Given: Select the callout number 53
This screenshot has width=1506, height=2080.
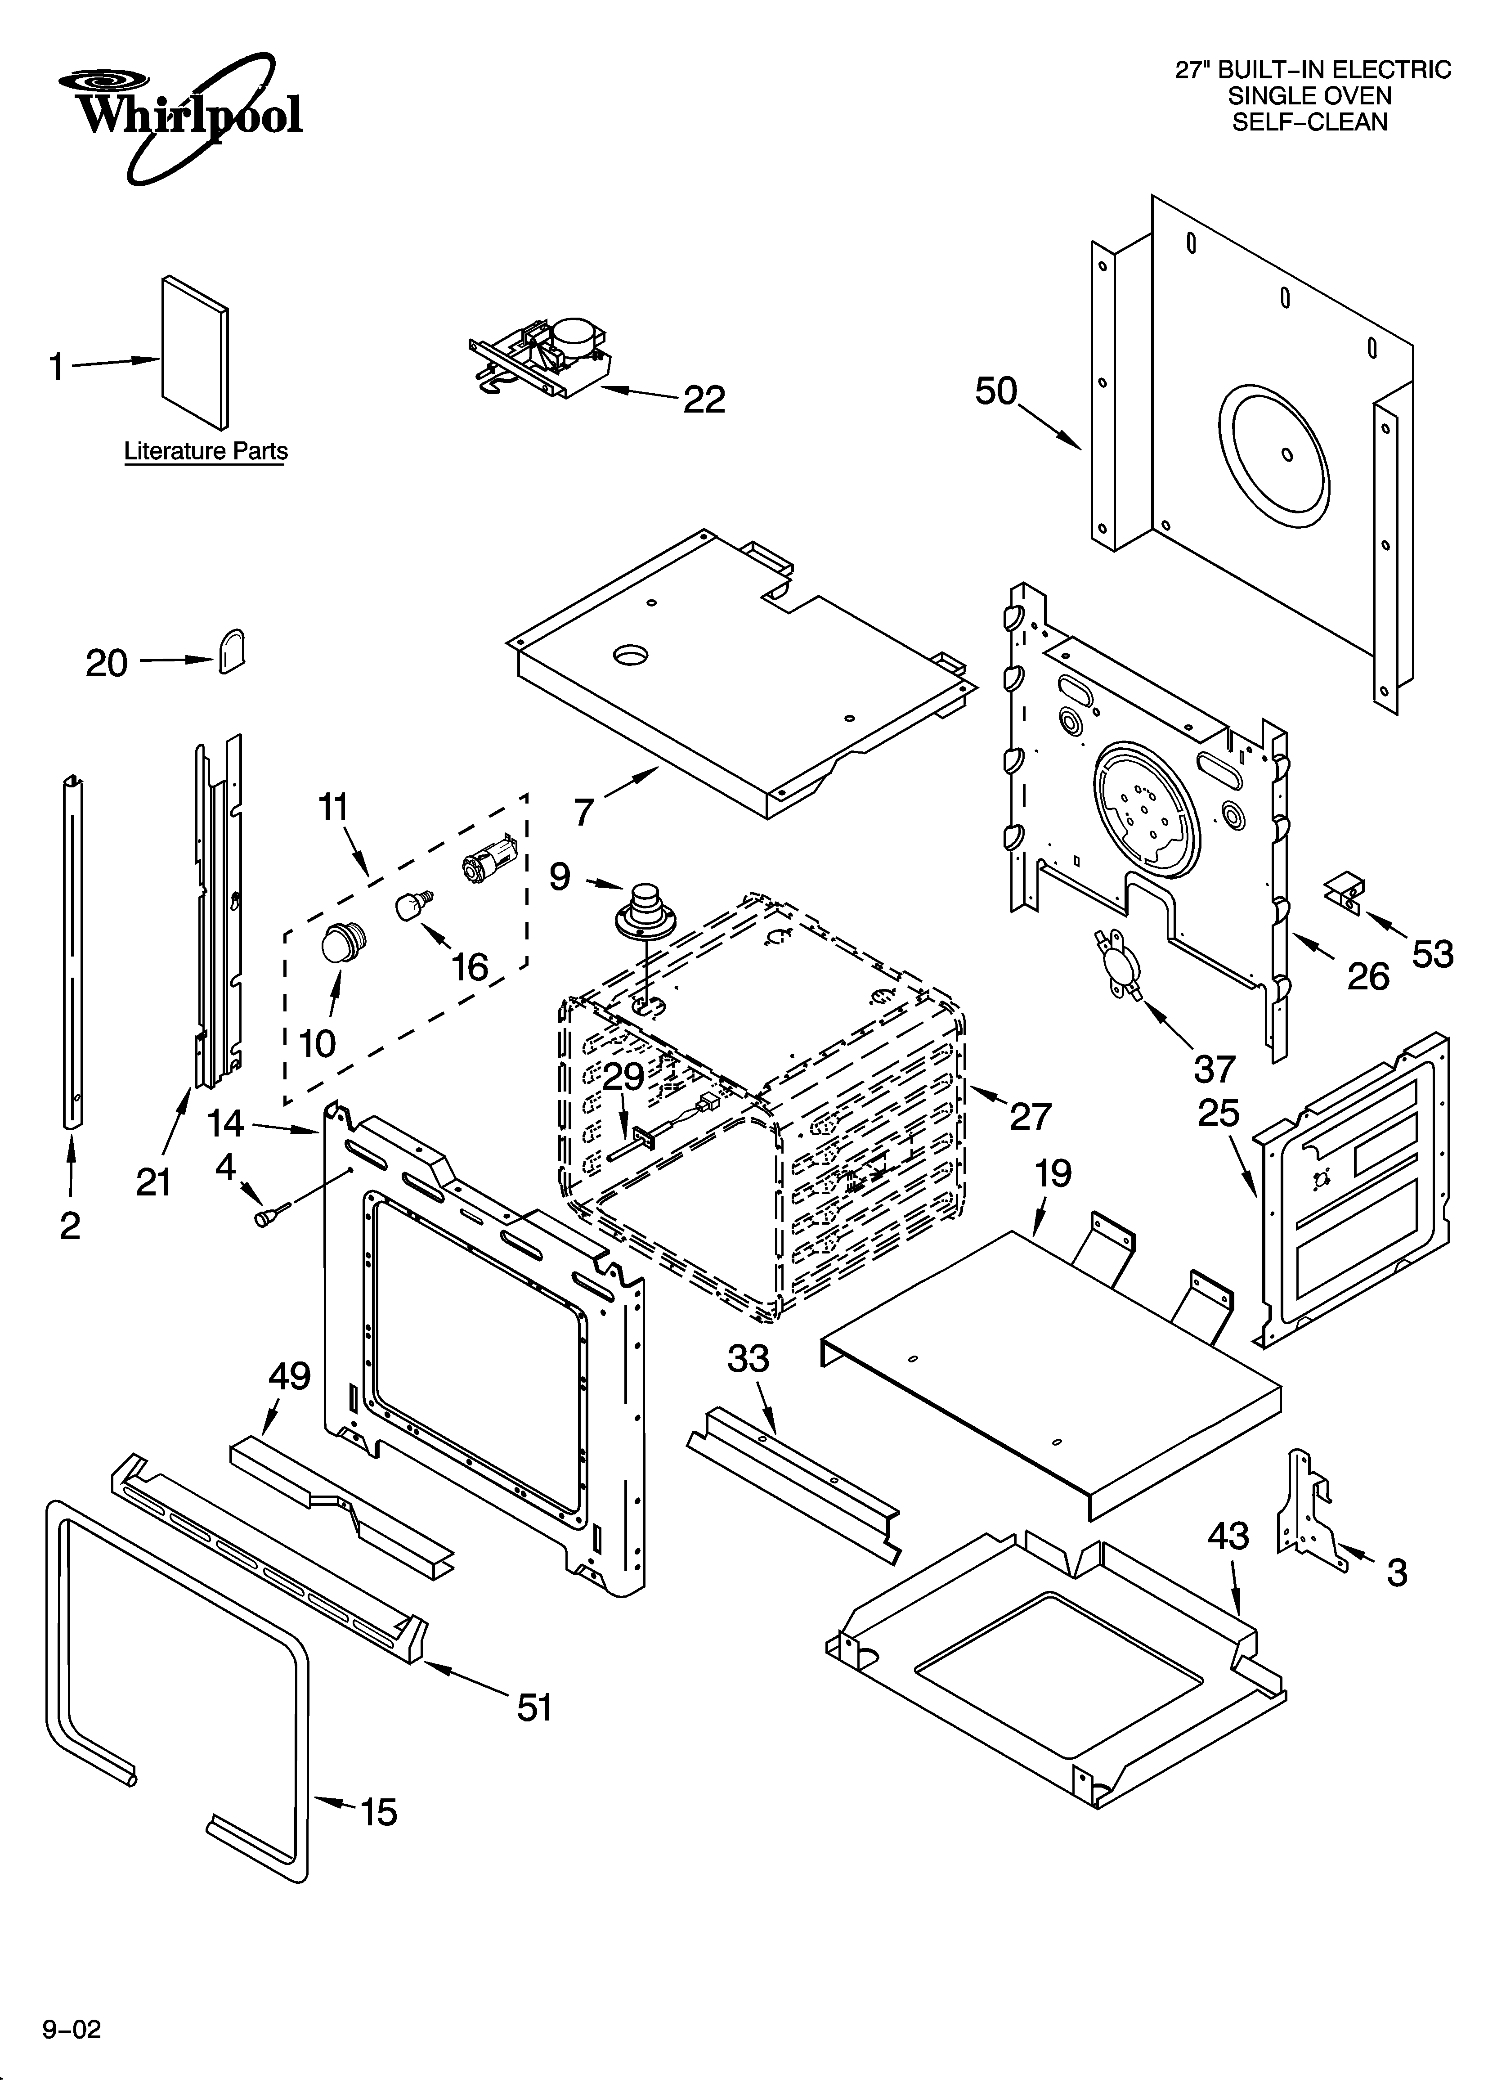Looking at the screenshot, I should (1432, 955).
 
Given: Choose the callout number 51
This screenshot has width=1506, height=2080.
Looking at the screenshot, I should (535, 1707).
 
